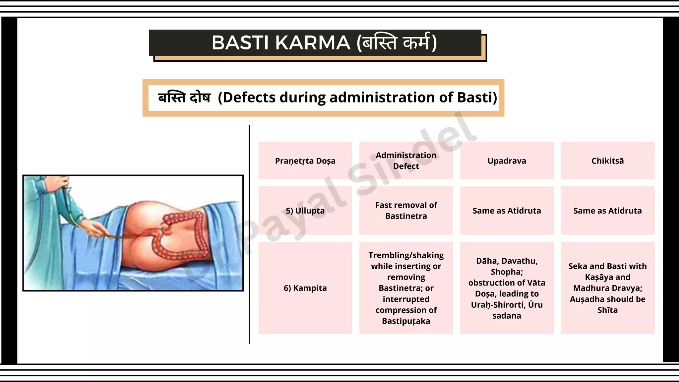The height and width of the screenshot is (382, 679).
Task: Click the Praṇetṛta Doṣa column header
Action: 305,161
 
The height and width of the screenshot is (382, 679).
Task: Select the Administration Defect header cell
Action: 406,161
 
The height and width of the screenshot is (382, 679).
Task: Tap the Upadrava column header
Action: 507,161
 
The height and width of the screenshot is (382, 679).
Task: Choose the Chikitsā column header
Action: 607,161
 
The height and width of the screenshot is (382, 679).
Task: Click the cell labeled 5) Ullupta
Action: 305,211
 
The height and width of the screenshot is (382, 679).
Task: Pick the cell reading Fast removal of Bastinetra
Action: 406,211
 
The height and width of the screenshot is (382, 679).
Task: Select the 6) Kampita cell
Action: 305,288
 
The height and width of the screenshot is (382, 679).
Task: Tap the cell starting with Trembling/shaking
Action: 406,288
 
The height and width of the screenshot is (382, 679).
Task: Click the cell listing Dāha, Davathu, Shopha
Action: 507,288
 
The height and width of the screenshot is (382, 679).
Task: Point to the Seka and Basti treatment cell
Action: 607,288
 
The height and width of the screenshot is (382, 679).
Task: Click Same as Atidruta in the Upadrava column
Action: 507,211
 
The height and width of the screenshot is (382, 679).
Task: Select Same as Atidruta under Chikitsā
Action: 607,211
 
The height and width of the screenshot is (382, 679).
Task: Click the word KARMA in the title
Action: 313,43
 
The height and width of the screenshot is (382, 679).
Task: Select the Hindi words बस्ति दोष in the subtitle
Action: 184,97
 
